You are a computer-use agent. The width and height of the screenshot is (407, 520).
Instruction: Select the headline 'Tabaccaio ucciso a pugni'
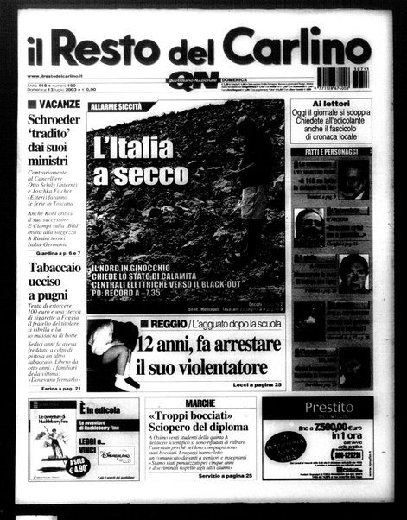pos(55,282)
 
